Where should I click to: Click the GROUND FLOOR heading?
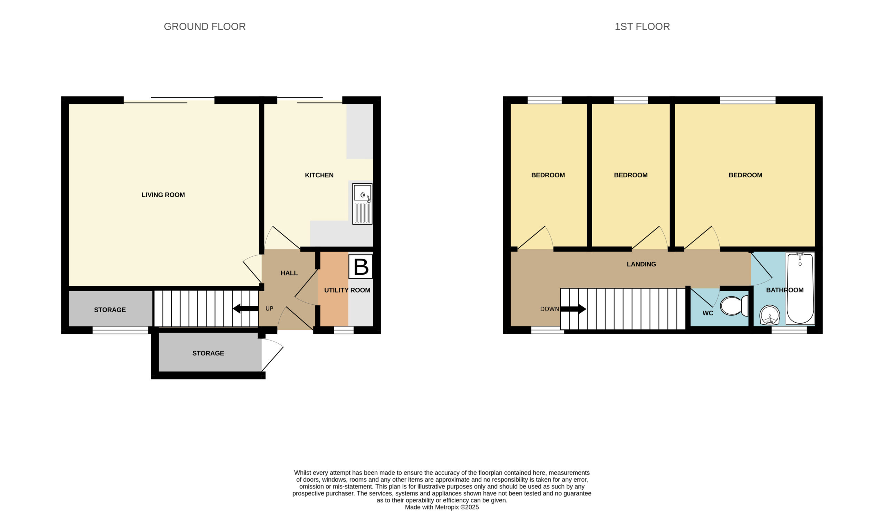(204, 27)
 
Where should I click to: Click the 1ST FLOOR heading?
(642, 27)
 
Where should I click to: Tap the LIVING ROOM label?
(163, 195)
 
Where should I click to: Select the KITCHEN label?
(319, 175)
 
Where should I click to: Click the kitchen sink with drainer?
(362, 204)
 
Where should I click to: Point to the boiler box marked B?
(360, 267)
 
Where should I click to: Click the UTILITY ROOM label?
(347, 290)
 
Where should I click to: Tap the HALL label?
(289, 273)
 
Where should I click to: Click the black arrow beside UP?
(246, 309)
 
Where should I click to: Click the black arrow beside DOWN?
(573, 309)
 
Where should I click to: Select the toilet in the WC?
(734, 306)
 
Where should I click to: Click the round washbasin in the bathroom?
(770, 315)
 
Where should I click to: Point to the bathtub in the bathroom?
(800, 288)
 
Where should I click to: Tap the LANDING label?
(641, 264)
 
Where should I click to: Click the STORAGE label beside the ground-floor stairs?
(110, 310)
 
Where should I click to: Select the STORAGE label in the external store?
(208, 353)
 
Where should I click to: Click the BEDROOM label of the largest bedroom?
(746, 175)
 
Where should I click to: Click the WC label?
(708, 313)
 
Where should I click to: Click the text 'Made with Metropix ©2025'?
(442, 507)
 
